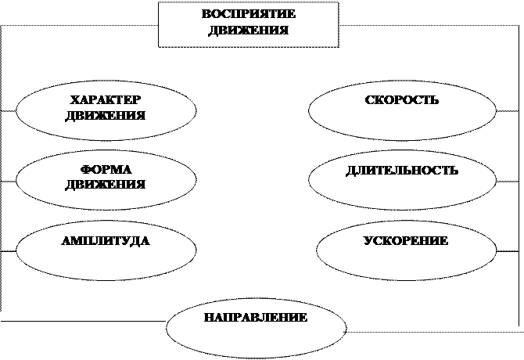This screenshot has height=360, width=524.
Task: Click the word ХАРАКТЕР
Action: (x=106, y=101)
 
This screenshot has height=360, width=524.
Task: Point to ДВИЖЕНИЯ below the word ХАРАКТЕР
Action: (x=106, y=116)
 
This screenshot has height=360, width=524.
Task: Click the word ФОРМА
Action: (x=106, y=171)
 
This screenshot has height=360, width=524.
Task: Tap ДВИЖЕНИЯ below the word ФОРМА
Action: (x=106, y=185)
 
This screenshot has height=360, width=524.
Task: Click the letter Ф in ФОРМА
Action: (x=84, y=171)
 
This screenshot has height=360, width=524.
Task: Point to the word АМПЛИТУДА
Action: (x=105, y=241)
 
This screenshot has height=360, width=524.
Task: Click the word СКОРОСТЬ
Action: (x=401, y=101)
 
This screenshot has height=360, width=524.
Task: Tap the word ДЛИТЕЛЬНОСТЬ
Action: (x=401, y=171)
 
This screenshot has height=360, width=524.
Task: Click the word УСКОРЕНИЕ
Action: (x=405, y=241)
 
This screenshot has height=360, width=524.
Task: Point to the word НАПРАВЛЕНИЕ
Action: (x=256, y=319)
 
